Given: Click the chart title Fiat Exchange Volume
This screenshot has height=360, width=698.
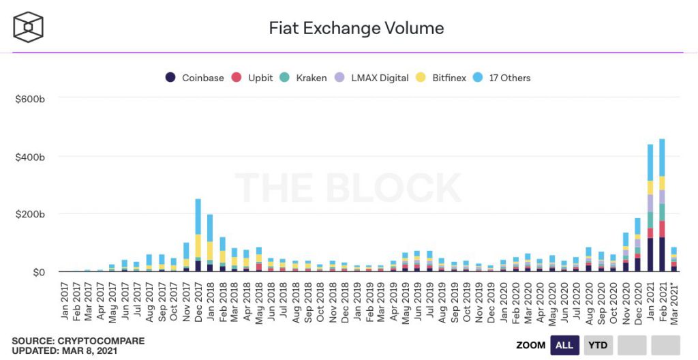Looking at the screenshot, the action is pos(356,28).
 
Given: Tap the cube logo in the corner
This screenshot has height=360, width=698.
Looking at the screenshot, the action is pos(28,27).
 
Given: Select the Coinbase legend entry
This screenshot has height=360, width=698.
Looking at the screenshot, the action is pos(194,78).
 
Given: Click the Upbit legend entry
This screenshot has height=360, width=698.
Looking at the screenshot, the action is pos(252,78).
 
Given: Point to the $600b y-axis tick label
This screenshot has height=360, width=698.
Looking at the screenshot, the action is pos(30,99).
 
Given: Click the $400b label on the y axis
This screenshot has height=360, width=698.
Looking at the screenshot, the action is pos(30,157).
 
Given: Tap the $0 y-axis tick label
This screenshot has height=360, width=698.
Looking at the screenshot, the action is pos(39,272).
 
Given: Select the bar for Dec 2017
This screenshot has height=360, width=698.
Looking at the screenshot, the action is pos(198,235).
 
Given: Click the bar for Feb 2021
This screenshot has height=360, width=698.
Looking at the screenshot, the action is pos(662,205).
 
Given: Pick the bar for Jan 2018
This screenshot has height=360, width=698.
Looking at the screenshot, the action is pos(210,243).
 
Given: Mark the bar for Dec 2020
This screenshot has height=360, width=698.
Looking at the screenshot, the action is pos(637,245).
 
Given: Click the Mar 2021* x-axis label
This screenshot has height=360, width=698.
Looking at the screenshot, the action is pos(674,301).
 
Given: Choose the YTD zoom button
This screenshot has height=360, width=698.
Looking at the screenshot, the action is pos(598,345).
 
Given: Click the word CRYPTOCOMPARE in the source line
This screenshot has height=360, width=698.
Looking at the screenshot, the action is pos(101,342).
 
